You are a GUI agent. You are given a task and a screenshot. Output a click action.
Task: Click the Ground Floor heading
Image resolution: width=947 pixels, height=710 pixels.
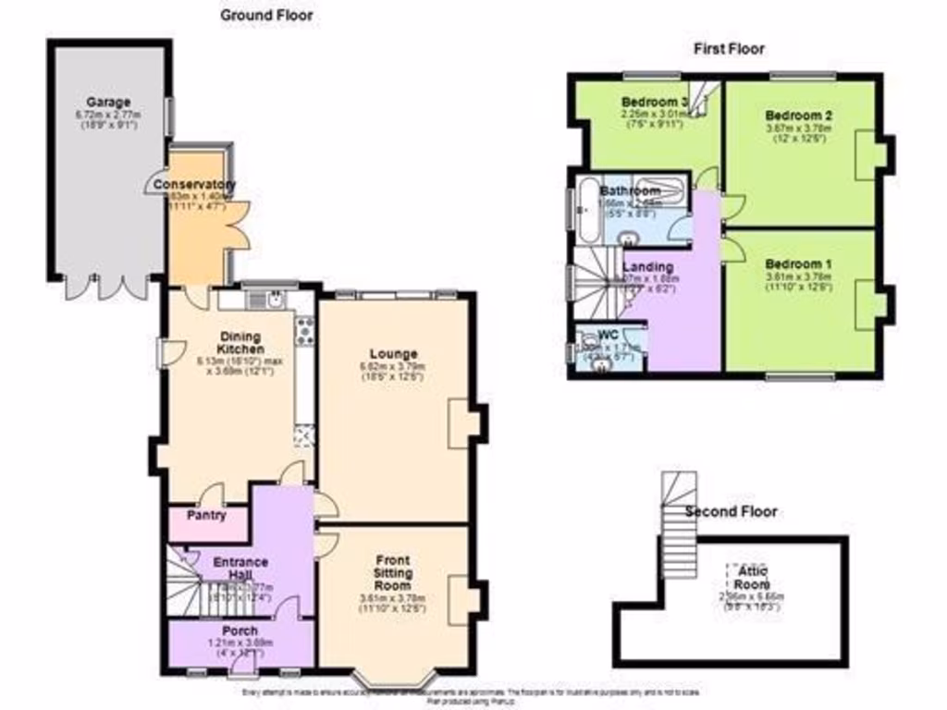[266, 15]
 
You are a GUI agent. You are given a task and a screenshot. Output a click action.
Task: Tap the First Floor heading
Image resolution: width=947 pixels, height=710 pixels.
[729, 48]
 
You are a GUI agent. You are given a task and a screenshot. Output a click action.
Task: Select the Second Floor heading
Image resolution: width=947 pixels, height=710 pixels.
[731, 511]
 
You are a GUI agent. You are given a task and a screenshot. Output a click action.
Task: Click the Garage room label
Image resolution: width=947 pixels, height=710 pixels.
[108, 102]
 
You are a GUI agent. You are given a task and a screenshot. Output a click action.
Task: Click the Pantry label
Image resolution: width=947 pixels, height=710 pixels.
[206, 515]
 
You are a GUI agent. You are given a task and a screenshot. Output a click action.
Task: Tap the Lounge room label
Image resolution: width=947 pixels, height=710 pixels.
[393, 353]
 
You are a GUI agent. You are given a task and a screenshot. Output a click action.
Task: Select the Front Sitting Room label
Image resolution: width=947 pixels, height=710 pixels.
[393, 573]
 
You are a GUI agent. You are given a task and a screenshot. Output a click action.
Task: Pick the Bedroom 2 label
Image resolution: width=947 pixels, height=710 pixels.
[799, 116]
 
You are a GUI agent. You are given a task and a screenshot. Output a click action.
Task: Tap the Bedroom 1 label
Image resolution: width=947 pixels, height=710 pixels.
[799, 263]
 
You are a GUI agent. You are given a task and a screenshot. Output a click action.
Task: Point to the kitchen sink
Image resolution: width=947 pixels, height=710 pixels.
[275, 299]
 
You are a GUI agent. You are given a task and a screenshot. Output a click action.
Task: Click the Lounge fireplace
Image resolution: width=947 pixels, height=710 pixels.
[461, 424]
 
